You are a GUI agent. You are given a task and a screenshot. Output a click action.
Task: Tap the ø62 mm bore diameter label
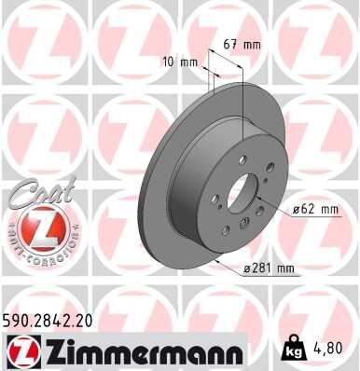tap(314, 210)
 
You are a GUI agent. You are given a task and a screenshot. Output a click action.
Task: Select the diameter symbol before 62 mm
tap(297, 210)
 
